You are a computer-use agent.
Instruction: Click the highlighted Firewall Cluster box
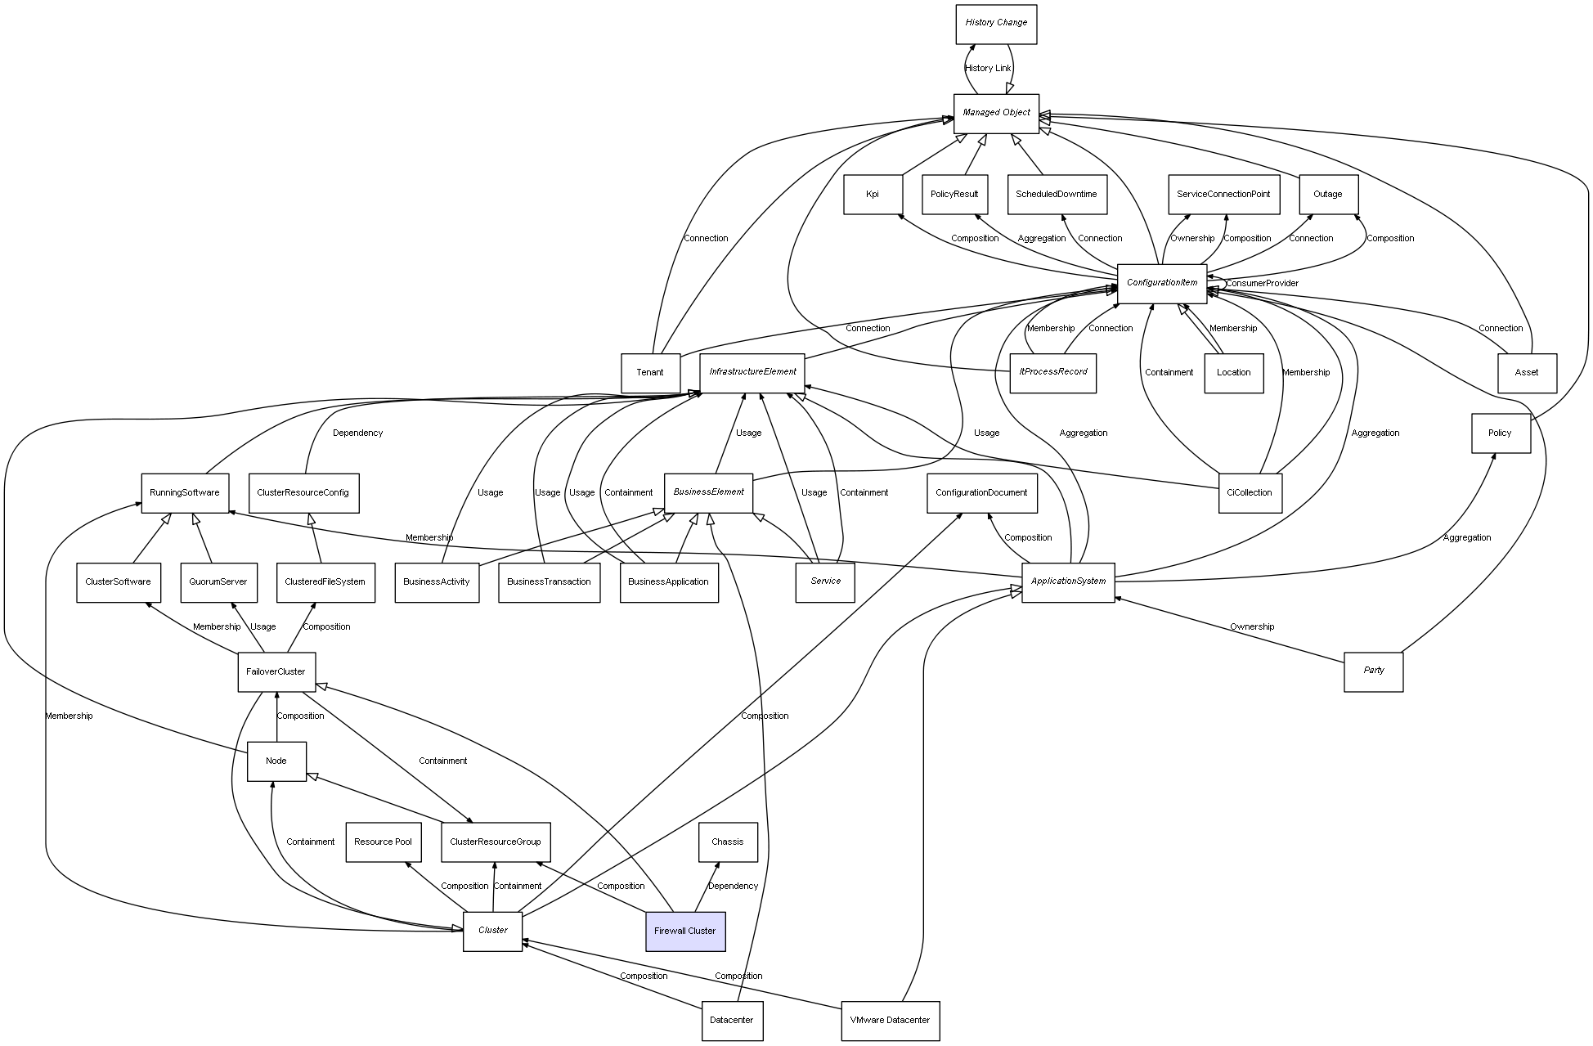pos(685,932)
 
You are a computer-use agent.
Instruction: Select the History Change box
pos(996,24)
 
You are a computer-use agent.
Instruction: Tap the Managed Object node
pos(996,113)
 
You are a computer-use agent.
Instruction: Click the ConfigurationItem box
pos(1161,283)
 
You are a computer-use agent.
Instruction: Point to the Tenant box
pos(650,373)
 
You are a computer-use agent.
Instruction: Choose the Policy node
pos(1500,433)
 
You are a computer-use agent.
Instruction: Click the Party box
pos(1373,671)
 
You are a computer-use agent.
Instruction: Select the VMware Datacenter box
pos(890,1021)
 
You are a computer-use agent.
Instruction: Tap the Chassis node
pos(728,842)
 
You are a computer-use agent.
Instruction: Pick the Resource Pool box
pos(384,842)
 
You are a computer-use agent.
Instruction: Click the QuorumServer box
pos(218,582)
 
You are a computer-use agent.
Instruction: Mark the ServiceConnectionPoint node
pos(1223,195)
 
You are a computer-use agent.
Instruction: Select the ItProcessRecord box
pos(1052,373)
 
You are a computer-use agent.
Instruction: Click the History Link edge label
pos(988,69)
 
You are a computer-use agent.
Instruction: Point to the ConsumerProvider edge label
pos(1262,284)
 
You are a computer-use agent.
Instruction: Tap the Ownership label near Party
pos(1252,627)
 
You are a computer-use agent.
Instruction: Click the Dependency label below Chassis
pos(733,887)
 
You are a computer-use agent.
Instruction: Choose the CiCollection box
pos(1250,493)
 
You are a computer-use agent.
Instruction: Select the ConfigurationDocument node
pos(981,493)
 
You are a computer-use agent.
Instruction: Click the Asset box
pos(1526,373)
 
